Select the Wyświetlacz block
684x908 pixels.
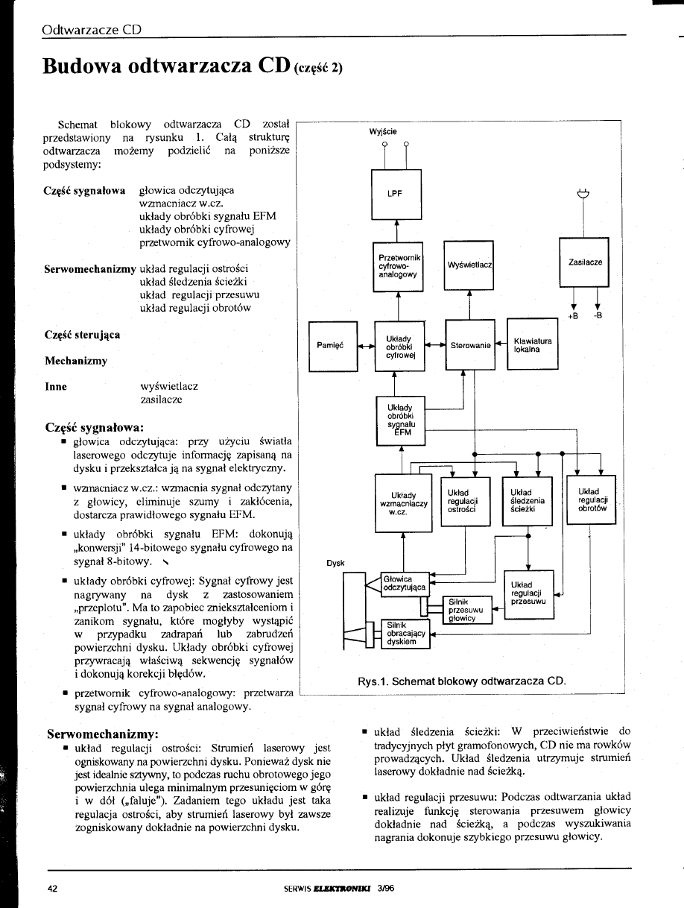pos(468,265)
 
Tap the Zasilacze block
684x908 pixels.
pos(584,262)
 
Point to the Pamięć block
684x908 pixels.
pos(333,345)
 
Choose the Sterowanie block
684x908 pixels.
pos(470,345)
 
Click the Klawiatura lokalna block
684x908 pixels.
pos(532,344)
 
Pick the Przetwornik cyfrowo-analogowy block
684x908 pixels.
pos(397,265)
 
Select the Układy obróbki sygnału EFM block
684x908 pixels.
pos(401,421)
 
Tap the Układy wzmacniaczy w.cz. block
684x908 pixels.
pos(402,500)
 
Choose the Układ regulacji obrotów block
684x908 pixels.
pos(592,499)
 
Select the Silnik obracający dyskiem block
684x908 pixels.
pos(405,634)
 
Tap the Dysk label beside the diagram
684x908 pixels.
pos(336,564)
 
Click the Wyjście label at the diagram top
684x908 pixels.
pos(383,131)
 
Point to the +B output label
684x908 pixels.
pos(574,315)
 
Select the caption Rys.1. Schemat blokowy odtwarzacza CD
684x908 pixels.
pos(462,681)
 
